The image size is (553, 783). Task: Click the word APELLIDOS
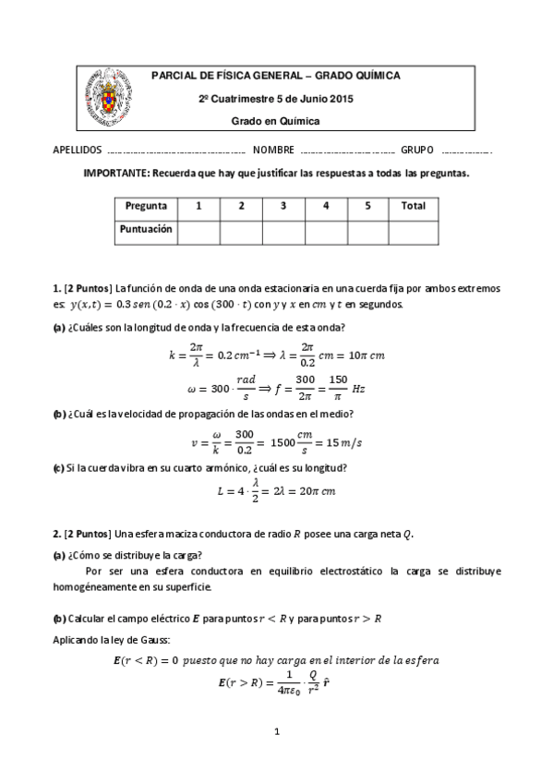78,150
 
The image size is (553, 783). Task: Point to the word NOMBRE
273,150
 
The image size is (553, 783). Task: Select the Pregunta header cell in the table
146,206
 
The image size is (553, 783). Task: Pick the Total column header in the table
414,206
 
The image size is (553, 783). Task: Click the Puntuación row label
146,230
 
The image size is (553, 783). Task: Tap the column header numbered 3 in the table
283,206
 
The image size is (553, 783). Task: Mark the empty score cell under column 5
367,231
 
